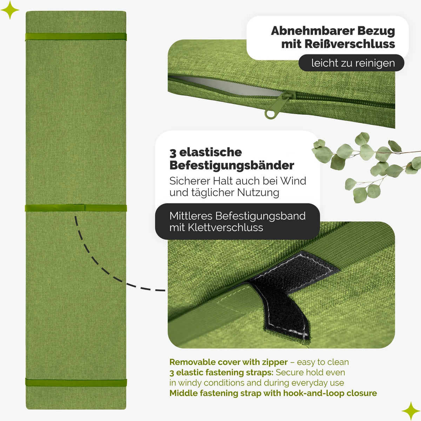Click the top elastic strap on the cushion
tap(76, 36)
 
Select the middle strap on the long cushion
tap(76, 208)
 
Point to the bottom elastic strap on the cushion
tap(76, 382)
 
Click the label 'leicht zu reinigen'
tap(353, 63)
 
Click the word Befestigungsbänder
tap(232, 165)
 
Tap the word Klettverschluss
tap(226, 228)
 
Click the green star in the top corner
tap(9, 9)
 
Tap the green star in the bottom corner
tap(411, 411)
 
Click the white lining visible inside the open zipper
tap(227, 86)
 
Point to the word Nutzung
tap(258, 193)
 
